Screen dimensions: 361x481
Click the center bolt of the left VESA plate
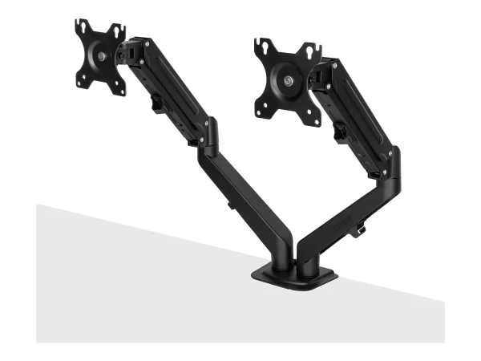pyautogui.click(x=101, y=55)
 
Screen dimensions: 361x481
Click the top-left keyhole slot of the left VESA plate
pyautogui.click(x=81, y=29)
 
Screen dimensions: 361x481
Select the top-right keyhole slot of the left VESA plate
pyautogui.click(x=119, y=31)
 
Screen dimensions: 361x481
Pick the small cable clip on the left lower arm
pyautogui.click(x=230, y=205)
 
